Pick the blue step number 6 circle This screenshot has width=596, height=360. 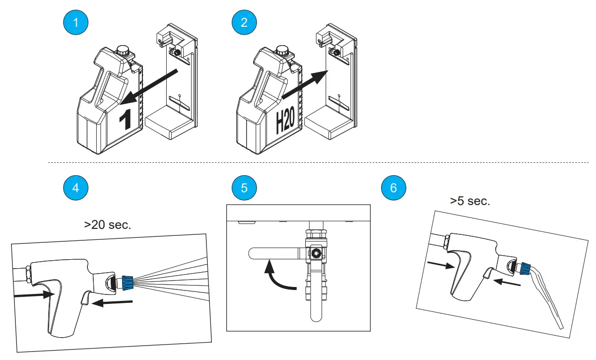coord(394,188)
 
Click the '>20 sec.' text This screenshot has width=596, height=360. coord(108,224)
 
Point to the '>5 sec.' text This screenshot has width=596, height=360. coord(470,201)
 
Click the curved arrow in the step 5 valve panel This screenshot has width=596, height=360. coord(278,277)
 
